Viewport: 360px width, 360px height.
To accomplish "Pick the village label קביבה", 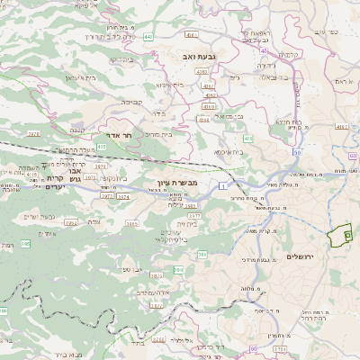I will click(x=130, y=103).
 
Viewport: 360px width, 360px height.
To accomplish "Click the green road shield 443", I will click(x=145, y=37).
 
